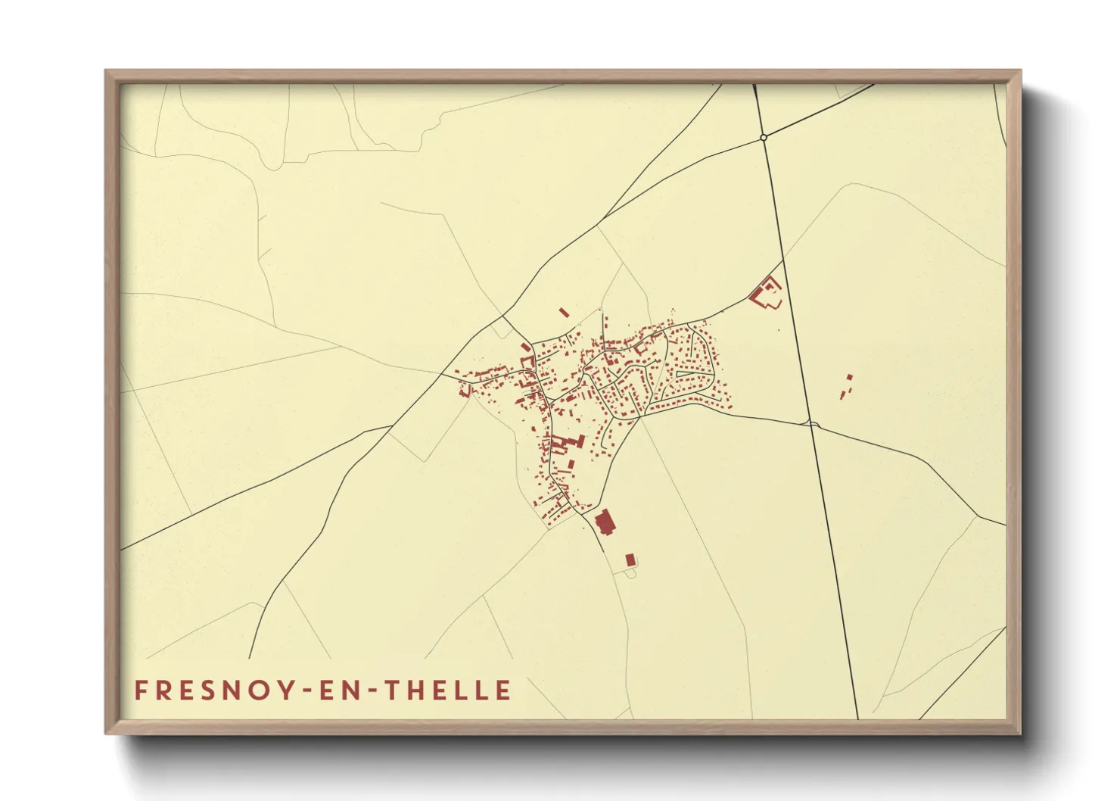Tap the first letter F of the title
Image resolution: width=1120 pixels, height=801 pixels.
(141, 690)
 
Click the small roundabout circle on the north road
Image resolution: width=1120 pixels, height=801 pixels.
(764, 138)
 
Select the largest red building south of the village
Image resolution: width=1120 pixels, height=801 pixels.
(604, 522)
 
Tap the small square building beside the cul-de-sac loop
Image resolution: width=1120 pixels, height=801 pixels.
(630, 559)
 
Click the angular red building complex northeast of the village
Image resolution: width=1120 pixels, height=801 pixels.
(766, 293)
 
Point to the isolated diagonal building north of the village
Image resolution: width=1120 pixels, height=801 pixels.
(563, 311)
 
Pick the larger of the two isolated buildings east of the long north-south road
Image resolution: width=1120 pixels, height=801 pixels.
(849, 377)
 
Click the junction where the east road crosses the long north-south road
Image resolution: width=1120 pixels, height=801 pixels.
(810, 423)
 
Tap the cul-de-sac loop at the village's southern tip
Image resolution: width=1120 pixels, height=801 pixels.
(629, 573)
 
